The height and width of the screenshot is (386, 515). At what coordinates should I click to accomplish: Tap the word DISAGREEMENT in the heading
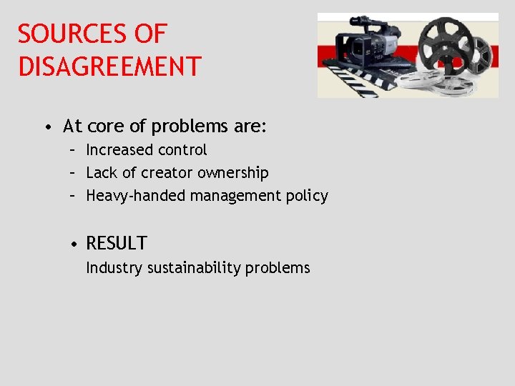coord(109,66)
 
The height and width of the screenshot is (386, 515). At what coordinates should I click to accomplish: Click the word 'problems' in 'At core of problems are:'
coord(188,128)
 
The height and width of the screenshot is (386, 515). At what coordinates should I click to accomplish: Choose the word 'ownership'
coord(233,173)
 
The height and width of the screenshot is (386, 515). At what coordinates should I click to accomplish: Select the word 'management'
coord(224,196)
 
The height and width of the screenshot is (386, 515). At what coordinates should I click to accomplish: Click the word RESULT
coord(117,244)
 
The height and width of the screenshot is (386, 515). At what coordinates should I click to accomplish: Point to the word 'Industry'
coord(114,268)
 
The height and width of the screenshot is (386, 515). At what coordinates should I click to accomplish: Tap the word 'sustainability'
coord(194,268)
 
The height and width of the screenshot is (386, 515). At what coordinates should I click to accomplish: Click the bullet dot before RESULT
coord(74,244)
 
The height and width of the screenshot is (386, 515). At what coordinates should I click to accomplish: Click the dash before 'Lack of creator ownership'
coord(74,173)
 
